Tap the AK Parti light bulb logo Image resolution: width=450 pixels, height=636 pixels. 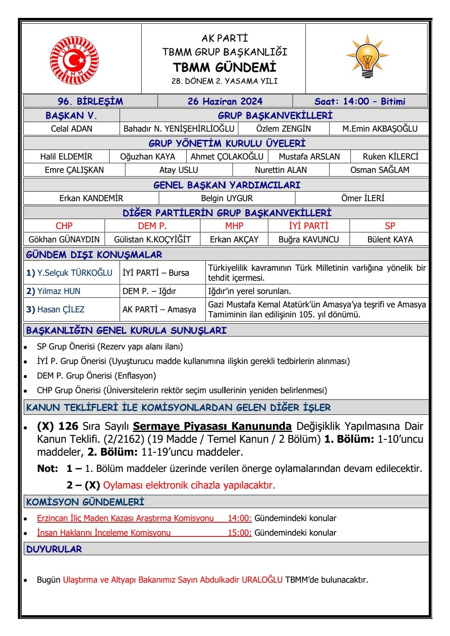367,57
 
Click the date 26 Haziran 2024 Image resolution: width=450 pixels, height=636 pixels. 225,101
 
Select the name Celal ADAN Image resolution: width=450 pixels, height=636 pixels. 72,129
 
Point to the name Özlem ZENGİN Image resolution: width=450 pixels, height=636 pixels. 283,129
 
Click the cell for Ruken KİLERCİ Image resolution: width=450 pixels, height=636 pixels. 390,157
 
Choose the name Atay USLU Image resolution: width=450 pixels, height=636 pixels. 178,170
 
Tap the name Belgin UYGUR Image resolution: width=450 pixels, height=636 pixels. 227,198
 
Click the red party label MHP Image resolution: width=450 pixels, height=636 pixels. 234,226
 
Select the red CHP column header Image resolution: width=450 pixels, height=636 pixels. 64,226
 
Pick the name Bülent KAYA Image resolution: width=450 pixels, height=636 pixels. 390,239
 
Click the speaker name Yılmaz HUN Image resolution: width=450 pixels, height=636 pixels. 59,291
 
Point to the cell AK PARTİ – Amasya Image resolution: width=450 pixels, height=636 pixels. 159,309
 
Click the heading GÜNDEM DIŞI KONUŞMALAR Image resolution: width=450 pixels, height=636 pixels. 94,254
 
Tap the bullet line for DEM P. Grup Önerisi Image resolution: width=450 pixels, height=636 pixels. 96,376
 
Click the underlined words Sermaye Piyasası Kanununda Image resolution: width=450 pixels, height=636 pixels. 212,426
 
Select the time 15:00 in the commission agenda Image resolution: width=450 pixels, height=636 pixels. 240,533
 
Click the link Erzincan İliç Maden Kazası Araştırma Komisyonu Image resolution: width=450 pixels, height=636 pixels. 125,518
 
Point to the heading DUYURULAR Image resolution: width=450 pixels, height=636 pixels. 54,549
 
